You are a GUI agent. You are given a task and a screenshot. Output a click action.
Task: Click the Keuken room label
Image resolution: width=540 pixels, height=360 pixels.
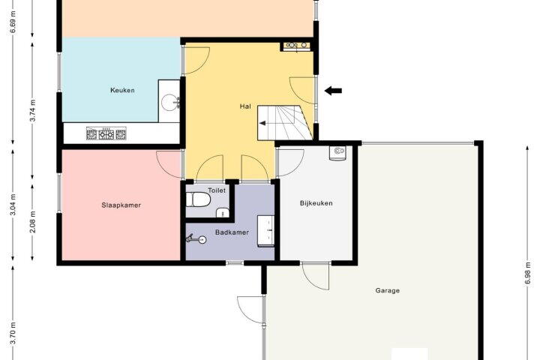coord(122,90)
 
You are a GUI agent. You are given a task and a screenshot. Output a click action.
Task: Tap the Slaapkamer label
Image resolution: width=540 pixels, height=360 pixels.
coord(121,205)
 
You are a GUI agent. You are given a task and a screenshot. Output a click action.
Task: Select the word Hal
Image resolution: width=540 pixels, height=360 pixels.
coord(245,106)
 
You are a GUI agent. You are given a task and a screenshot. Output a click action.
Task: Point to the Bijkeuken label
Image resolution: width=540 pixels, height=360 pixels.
coord(316,203)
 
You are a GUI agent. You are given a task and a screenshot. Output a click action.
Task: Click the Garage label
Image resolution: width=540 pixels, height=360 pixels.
coord(388,290)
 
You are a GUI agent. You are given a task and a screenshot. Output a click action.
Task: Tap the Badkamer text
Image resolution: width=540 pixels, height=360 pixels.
coord(232,232)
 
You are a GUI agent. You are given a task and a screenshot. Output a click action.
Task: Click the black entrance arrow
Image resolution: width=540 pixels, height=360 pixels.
coord(333,91)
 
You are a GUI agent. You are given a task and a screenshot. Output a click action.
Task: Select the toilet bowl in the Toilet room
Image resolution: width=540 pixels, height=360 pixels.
coord(198,199)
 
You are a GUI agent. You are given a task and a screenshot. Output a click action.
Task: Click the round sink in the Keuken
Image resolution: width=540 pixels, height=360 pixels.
coord(170,102)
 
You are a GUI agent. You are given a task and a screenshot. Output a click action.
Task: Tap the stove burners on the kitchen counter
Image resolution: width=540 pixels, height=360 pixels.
coord(106,133)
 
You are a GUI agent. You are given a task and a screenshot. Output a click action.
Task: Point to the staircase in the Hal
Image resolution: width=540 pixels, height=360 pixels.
coord(285,123)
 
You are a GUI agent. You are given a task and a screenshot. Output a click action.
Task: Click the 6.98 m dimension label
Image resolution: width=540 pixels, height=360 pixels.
coord(527,274)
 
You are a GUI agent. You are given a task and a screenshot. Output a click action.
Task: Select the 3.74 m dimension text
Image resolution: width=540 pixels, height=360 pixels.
coord(32,110)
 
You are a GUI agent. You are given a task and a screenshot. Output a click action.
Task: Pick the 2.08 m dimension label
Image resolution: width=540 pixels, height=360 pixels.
coord(32,222)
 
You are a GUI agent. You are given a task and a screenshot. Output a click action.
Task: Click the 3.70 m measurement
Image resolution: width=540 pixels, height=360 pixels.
coord(13,333)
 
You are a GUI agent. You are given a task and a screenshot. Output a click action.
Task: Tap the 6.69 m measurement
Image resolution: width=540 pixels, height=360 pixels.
coord(13,22)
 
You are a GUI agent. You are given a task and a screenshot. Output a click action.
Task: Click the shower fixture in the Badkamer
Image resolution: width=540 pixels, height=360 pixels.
coord(196,238)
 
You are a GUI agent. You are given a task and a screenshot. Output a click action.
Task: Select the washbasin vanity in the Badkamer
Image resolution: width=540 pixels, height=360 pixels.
coord(265,231)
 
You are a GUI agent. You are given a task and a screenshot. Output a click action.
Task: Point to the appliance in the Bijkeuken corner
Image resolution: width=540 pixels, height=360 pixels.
coord(337,153)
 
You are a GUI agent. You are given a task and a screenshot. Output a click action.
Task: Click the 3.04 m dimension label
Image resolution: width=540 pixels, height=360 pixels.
coord(13,205)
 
